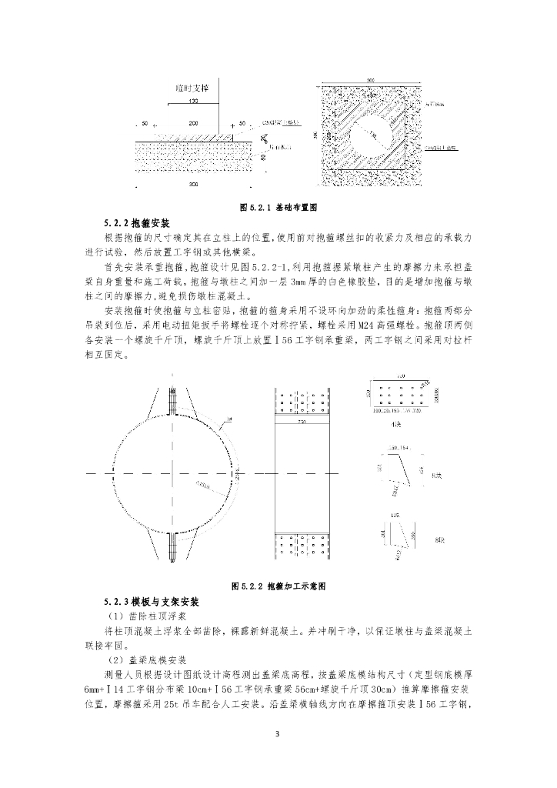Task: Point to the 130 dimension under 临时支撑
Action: pos(192,102)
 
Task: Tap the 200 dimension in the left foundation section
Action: pos(193,123)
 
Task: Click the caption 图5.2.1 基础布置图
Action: pos(278,208)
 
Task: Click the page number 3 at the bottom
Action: pos(278,733)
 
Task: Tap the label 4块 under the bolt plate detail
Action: pos(396,423)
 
